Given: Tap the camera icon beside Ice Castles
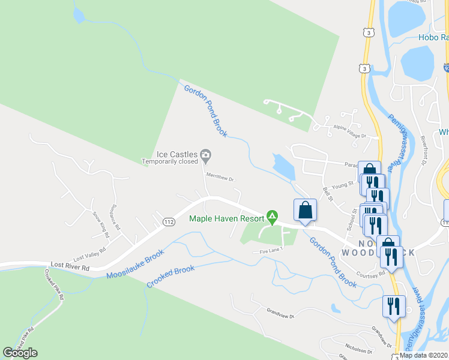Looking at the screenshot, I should pos(206,156).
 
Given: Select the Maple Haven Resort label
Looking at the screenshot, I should pos(226,218).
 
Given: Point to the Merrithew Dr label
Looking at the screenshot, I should pos(219,178).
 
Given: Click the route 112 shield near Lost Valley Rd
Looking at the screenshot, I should pos(169,222).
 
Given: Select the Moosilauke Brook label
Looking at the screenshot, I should pos(135,265).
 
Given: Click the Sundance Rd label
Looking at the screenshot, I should pos(116,218).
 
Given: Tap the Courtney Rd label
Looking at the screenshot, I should pos(369,274).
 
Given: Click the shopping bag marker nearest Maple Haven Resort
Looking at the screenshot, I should pos(305,211).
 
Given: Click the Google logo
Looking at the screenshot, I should pos(20,353).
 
